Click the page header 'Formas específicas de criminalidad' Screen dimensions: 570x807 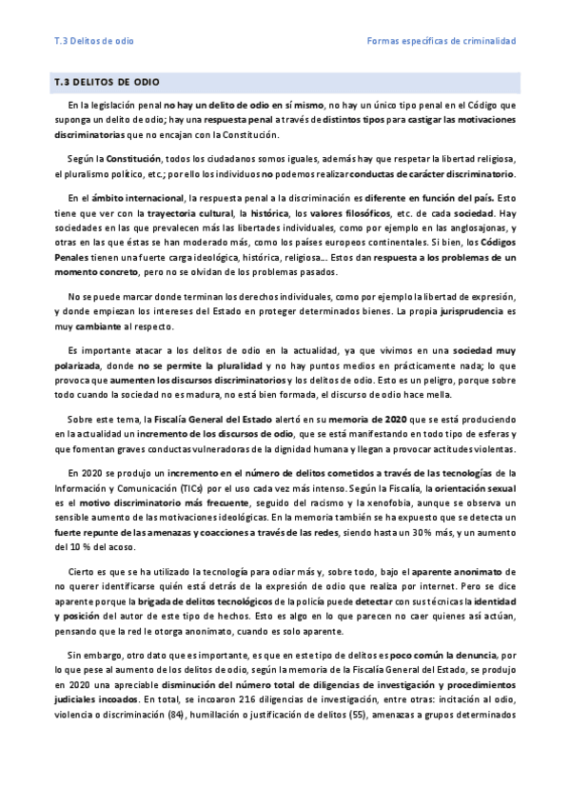click(441, 42)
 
